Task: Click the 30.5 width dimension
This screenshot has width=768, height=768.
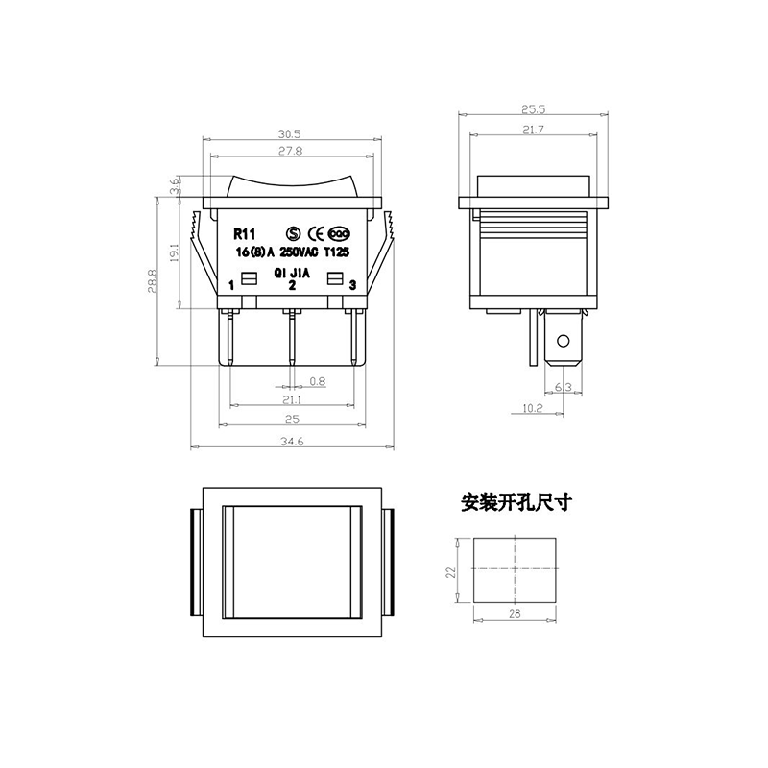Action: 290,133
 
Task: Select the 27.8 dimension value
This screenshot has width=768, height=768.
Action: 291,151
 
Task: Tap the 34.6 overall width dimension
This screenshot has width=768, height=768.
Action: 292,442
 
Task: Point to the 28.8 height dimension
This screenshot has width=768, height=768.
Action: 152,281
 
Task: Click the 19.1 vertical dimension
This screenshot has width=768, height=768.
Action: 175,253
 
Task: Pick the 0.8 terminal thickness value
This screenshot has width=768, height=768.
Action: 318,381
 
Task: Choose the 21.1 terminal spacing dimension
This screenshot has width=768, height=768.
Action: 292,400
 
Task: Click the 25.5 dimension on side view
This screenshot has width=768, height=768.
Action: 534,109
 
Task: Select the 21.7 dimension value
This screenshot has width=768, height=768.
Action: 534,130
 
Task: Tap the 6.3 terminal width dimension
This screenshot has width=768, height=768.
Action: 564,387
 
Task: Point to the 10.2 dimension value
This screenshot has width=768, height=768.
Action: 533,407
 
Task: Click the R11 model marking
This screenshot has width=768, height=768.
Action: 245,234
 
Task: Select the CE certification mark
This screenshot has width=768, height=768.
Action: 315,233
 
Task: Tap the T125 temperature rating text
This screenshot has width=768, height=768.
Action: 337,252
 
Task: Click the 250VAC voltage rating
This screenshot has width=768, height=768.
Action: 299,252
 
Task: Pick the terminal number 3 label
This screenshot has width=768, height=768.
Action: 352,285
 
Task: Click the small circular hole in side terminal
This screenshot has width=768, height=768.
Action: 564,341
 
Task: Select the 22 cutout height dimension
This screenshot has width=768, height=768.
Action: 451,572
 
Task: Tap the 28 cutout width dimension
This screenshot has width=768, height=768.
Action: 515,613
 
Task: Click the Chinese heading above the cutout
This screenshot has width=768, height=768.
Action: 516,502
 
